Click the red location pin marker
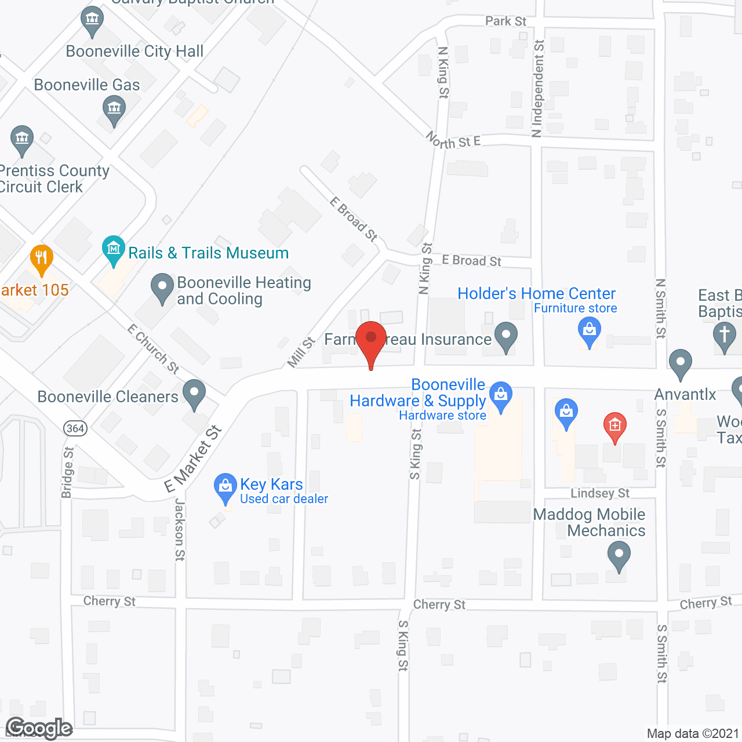[x=371, y=339]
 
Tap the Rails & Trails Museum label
[x=208, y=253]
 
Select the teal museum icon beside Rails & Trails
[x=114, y=249]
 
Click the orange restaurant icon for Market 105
[x=41, y=258]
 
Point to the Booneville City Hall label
[x=134, y=52]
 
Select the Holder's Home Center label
[x=536, y=293]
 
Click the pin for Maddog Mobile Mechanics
[x=619, y=554]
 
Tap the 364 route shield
[x=75, y=428]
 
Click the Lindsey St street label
[x=600, y=493]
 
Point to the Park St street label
[x=505, y=21]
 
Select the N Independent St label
[x=538, y=88]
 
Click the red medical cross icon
[x=615, y=425]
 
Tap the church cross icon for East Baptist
[x=724, y=336]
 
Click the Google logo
[x=39, y=728]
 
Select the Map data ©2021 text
[x=693, y=733]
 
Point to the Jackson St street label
[x=180, y=530]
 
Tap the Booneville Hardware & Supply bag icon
[x=501, y=395]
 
